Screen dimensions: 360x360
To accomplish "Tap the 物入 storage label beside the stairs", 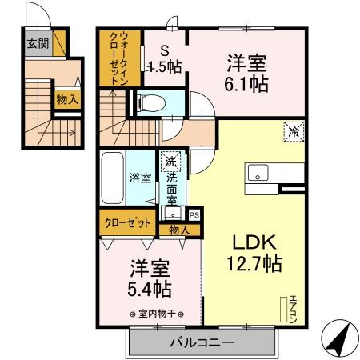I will click(67, 99).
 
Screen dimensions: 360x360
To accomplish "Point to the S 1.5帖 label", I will click(163, 58).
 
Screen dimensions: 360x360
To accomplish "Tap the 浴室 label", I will click(140, 178).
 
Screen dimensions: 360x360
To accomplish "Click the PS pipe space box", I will click(194, 214).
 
